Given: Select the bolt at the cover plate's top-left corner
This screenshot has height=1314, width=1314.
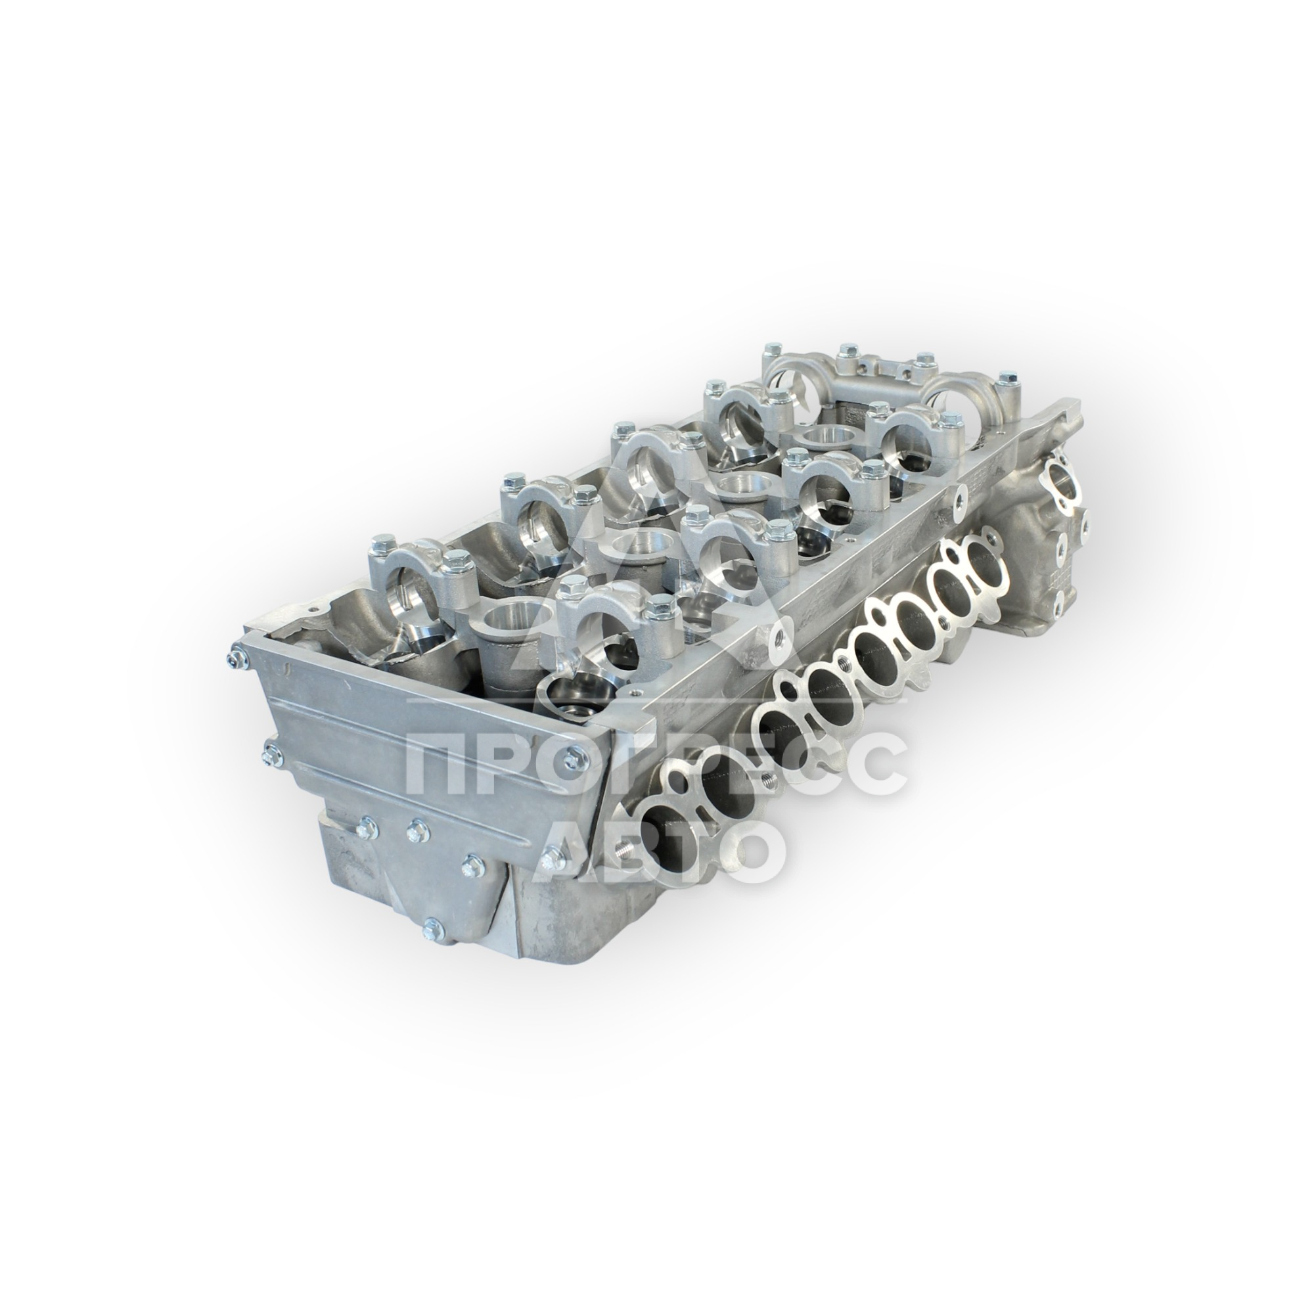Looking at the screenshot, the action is click(237, 656).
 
